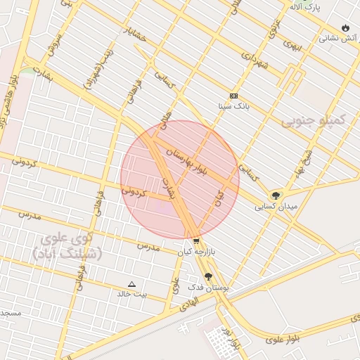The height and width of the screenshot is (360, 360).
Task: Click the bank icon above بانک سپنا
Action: tap(233, 96)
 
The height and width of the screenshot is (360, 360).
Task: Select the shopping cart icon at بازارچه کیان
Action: tap(195, 240)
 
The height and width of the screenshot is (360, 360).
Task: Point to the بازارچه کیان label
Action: tap(194, 251)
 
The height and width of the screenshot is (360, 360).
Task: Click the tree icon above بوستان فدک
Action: tap(208, 276)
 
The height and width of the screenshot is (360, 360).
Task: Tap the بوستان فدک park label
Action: tap(205, 288)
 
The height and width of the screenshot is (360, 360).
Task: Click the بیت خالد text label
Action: tap(132, 295)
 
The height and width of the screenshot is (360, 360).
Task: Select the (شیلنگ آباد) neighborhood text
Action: tap(67, 253)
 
